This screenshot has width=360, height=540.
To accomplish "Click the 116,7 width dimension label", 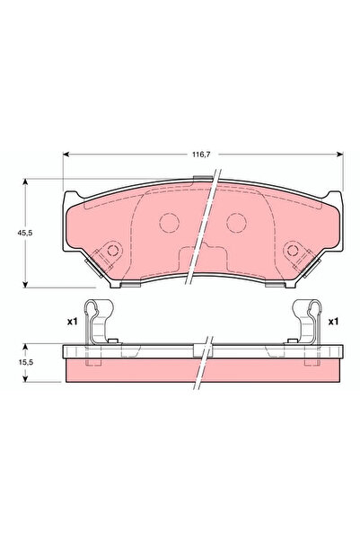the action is [201, 155].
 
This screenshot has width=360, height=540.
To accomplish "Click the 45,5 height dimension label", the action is [25, 233].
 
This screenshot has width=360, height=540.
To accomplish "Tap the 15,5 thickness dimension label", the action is [25, 362].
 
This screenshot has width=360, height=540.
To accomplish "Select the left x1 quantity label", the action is [73, 322].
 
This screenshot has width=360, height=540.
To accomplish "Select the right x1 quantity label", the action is [333, 322].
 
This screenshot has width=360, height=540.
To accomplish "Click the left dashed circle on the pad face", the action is [170, 223].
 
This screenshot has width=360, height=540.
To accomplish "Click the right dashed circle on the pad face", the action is [236, 223].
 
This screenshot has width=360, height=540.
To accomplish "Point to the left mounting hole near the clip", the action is [112, 250].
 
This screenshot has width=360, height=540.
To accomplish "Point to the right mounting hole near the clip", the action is [293, 250].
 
